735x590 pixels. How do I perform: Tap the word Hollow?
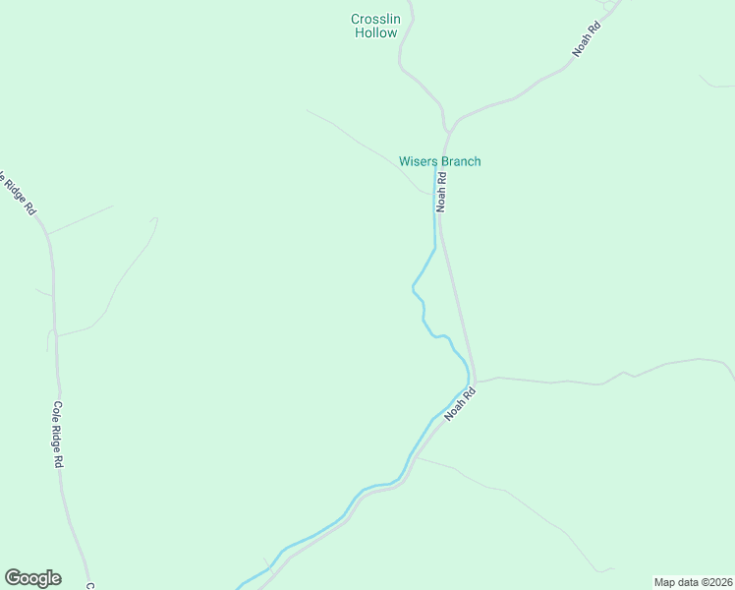375,32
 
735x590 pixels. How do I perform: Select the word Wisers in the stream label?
418,161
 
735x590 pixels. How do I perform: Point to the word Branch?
460,161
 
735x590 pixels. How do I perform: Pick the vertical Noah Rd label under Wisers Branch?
442,192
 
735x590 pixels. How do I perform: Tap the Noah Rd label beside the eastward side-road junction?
459,403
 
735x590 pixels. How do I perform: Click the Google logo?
32,578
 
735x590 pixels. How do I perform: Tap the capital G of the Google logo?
13,578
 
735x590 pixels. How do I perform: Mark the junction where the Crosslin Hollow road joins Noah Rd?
448,131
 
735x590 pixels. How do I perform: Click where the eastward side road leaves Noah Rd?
477,381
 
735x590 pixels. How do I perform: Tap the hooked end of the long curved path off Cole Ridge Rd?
155,219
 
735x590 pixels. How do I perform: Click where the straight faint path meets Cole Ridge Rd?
48,234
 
